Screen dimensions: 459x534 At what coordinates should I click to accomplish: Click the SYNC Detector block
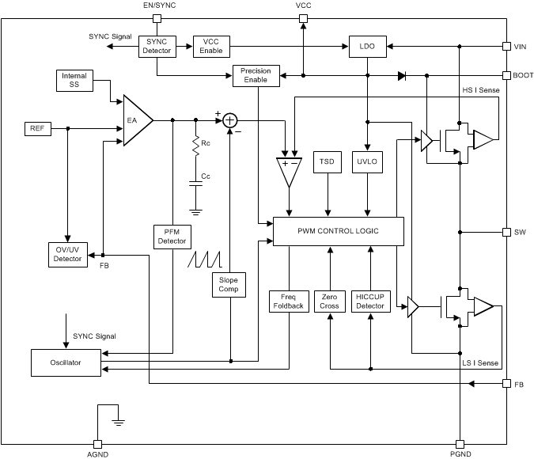[157, 46]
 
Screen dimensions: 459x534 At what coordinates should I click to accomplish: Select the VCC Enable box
[211, 46]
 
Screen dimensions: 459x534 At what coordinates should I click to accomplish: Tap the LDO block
[366, 47]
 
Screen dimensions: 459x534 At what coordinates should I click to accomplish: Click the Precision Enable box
[256, 76]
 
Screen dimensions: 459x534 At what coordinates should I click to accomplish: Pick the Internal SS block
[74, 81]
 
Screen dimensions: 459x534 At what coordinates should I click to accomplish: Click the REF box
[37, 128]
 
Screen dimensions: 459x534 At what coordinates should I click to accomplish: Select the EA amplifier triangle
[135, 120]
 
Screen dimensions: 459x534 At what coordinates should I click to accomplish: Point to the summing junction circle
[229, 120]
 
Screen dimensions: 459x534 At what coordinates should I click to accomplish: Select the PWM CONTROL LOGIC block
[338, 231]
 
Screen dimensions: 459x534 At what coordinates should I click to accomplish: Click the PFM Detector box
[172, 235]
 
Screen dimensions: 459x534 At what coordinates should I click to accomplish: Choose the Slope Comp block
[229, 284]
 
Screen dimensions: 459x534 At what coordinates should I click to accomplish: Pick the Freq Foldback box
[288, 301]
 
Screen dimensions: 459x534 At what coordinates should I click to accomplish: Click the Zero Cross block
[329, 301]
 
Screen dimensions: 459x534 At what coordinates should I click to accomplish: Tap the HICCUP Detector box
[369, 301]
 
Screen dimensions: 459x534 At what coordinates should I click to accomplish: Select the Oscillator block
[66, 362]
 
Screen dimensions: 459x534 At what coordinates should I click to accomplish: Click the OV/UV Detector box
[67, 254]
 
